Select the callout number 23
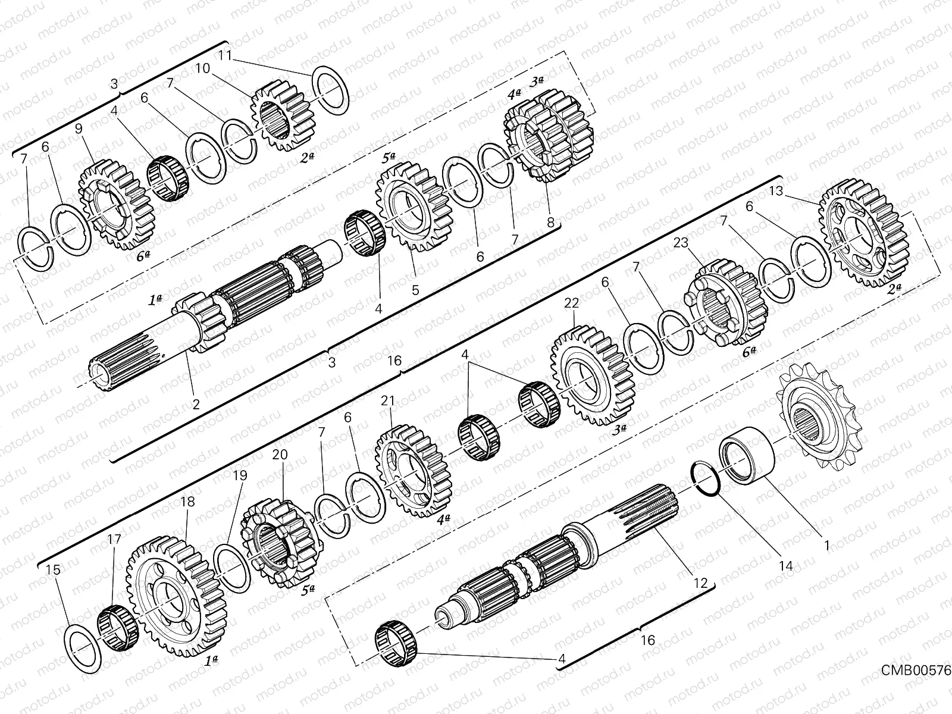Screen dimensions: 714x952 pyautogui.click(x=681, y=243)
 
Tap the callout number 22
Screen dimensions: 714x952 pyautogui.click(x=572, y=303)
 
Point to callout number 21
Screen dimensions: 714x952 pyautogui.click(x=388, y=401)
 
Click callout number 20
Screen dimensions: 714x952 pyautogui.click(x=280, y=455)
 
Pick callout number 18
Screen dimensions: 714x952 pyautogui.click(x=187, y=502)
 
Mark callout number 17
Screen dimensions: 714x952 pyautogui.click(x=114, y=540)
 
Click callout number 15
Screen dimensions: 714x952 pyautogui.click(x=53, y=570)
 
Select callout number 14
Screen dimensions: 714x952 pyautogui.click(x=786, y=566)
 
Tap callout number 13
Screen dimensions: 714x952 pyautogui.click(x=793, y=191)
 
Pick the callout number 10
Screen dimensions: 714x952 pyautogui.click(x=202, y=68)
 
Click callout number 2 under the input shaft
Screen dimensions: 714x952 pyautogui.click(x=196, y=405)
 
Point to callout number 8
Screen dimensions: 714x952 pyautogui.click(x=550, y=223)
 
